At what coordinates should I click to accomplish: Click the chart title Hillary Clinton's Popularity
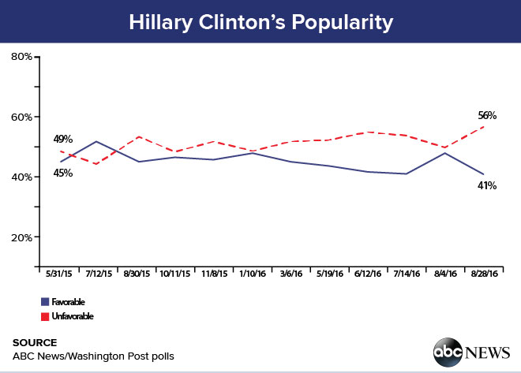point(260,22)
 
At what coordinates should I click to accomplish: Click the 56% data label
point(486,115)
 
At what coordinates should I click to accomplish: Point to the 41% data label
point(485,185)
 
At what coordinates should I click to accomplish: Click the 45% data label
point(63,173)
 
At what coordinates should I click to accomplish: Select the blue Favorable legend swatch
point(45,302)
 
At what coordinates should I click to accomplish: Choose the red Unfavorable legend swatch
point(45,316)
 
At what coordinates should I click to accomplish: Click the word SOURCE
point(35,342)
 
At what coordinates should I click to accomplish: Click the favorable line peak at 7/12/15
point(96,142)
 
